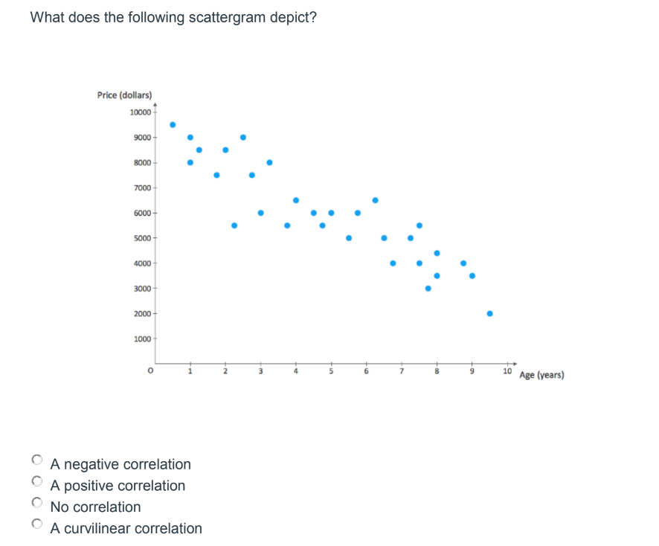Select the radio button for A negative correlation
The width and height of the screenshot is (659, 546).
point(36,459)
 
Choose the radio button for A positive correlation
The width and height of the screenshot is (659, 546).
point(36,481)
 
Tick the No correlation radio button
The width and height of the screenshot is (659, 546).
point(36,502)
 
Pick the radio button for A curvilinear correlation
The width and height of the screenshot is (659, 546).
point(36,524)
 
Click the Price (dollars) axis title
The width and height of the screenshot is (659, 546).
point(124,95)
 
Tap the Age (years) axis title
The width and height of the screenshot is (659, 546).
point(541,375)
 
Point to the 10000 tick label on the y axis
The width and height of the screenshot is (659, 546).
point(139,112)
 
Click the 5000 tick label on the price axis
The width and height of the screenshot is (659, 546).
point(141,238)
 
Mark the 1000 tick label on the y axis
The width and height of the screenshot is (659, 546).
point(141,339)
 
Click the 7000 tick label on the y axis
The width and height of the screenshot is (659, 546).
point(141,187)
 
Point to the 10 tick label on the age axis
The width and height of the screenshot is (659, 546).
point(507,370)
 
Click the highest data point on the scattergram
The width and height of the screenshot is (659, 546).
point(173,124)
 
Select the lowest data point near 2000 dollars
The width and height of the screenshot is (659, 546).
point(489,313)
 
